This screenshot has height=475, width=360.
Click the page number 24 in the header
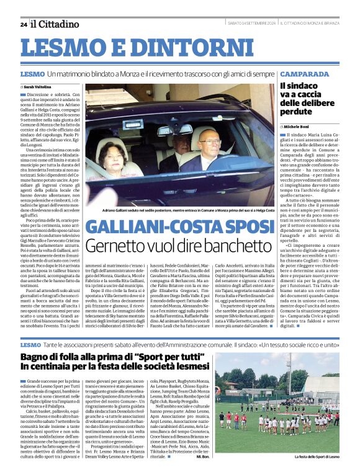pos(24,24)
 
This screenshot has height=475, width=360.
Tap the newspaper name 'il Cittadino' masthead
pos(55,24)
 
